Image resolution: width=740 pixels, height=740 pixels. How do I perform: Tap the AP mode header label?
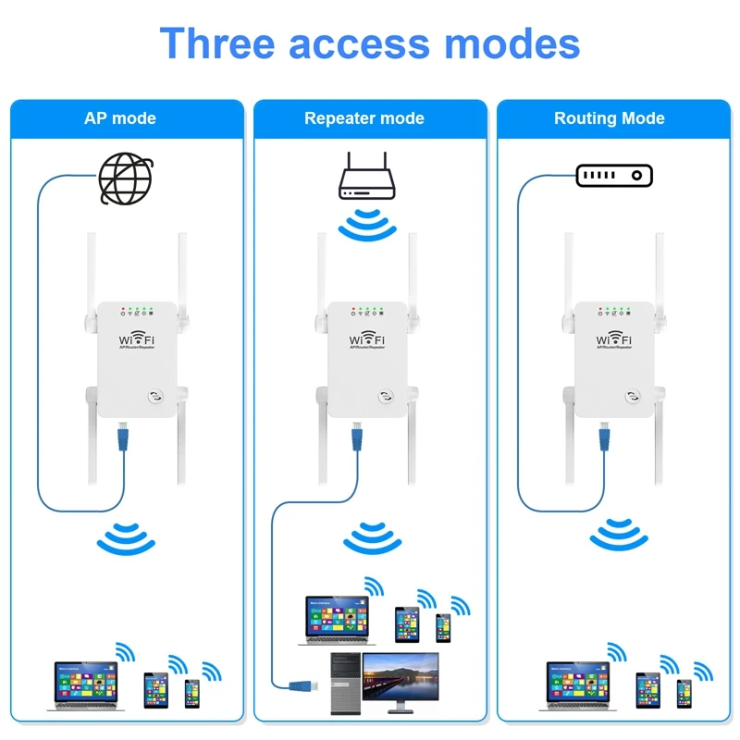(120, 118)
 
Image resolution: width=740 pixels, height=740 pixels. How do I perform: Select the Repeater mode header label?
(364, 118)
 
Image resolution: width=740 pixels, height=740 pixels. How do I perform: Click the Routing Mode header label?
(610, 118)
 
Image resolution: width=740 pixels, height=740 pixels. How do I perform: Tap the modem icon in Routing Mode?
(614, 175)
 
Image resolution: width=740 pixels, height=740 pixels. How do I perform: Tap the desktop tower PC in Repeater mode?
(345, 683)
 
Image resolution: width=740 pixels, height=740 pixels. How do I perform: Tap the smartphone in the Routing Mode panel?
(684, 693)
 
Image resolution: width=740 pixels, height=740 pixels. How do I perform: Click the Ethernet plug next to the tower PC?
(304, 684)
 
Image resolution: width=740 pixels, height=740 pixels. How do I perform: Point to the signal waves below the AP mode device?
(126, 538)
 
